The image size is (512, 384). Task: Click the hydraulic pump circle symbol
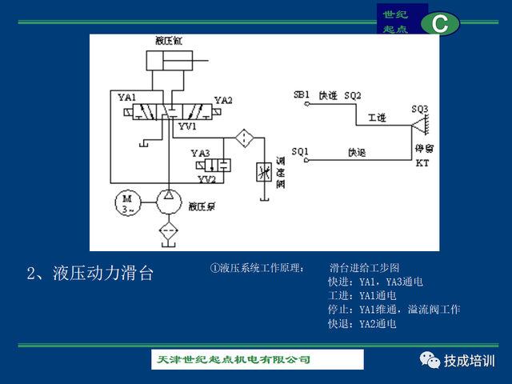(168, 203)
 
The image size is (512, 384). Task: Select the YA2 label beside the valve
(223, 101)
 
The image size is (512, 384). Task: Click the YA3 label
(199, 153)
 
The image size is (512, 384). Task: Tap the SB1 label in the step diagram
(302, 94)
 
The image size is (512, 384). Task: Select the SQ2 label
(353, 94)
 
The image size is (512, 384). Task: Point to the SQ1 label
(300, 150)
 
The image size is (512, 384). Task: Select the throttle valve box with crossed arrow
(262, 172)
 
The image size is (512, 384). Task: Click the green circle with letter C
(440, 24)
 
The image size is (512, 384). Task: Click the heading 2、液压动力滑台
(90, 274)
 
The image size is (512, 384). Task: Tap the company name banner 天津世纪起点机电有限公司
(232, 360)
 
